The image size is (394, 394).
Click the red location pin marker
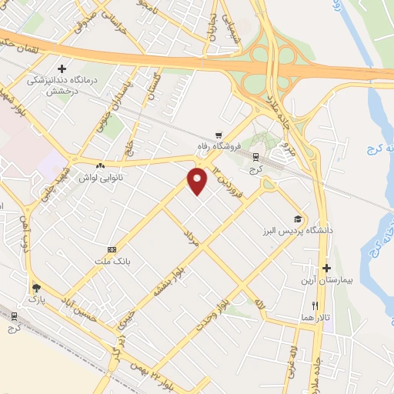pyautogui.click(x=198, y=179)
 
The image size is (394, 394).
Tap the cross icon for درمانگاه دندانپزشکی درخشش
pyautogui.click(x=62, y=68)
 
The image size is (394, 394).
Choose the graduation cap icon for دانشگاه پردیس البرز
pyautogui.click(x=296, y=219)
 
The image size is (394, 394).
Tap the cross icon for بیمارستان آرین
pyautogui.click(x=326, y=269)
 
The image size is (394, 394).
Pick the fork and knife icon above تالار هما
pyautogui.click(x=315, y=306)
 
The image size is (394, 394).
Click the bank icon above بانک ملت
pyautogui.click(x=112, y=249)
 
